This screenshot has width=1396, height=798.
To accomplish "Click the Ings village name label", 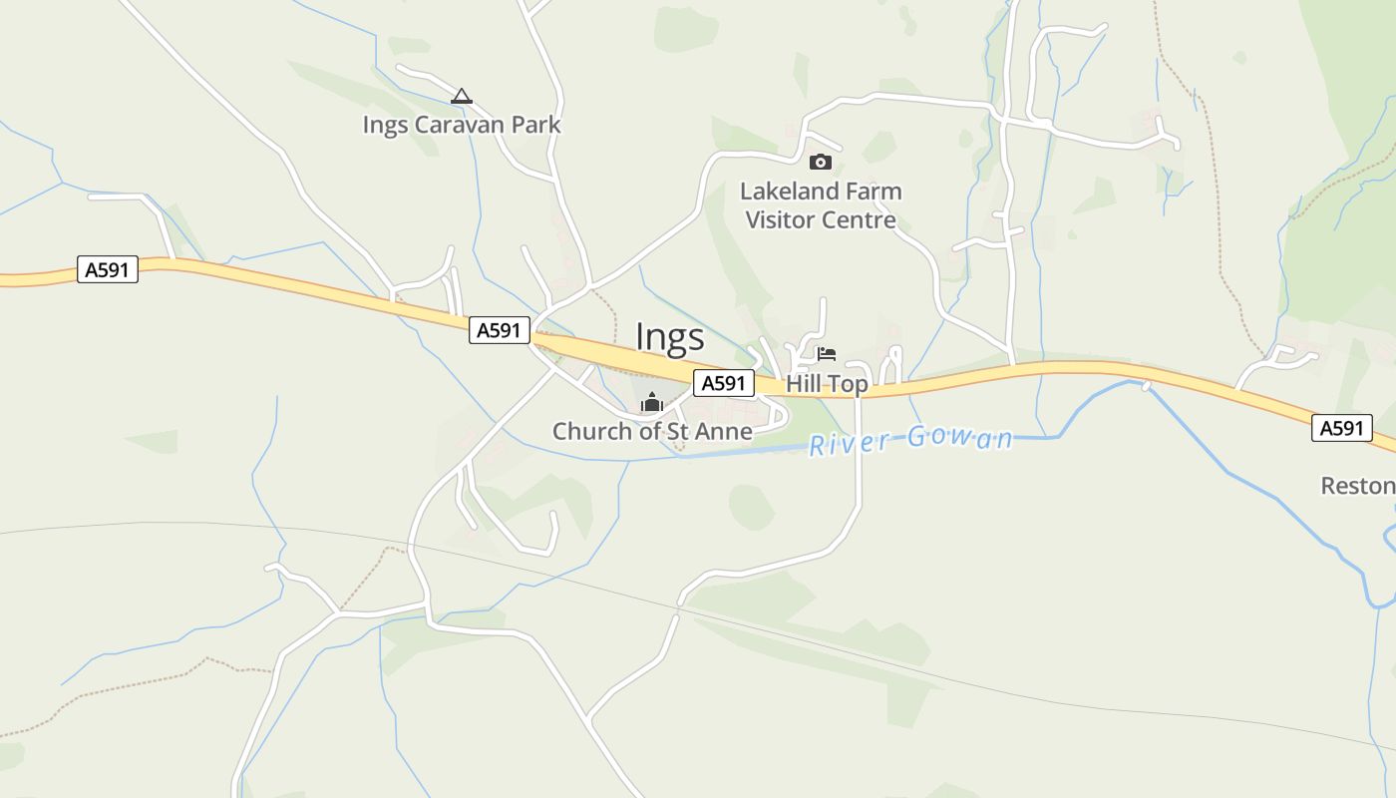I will (x=670, y=338).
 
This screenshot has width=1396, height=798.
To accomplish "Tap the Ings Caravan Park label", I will (x=462, y=125).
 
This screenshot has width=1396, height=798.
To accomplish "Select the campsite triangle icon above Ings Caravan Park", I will (x=461, y=97).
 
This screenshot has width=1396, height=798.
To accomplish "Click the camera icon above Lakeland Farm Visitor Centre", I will (x=820, y=162).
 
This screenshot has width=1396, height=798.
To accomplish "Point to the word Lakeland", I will (x=791, y=191).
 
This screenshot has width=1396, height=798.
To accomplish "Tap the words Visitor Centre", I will (x=821, y=219).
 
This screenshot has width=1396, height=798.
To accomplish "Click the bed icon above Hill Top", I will (x=826, y=354).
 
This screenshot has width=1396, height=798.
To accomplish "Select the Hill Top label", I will (x=827, y=384).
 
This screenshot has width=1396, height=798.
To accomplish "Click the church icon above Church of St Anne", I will (x=652, y=402).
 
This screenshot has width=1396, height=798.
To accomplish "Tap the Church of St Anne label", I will (x=652, y=431).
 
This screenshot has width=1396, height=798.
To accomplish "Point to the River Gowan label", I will (x=910, y=440).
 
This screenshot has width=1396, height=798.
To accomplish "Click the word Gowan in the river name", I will (x=960, y=438).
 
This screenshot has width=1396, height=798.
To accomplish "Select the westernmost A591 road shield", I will (x=108, y=269).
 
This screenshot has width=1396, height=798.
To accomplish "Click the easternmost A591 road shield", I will (x=1341, y=428).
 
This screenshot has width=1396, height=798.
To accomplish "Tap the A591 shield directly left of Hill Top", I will (x=724, y=383).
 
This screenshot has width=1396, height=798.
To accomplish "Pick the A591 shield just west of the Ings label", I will (x=500, y=330).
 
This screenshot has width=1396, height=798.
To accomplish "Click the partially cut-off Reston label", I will (x=1357, y=486).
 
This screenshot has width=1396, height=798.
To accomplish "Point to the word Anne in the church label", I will (x=726, y=431).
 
